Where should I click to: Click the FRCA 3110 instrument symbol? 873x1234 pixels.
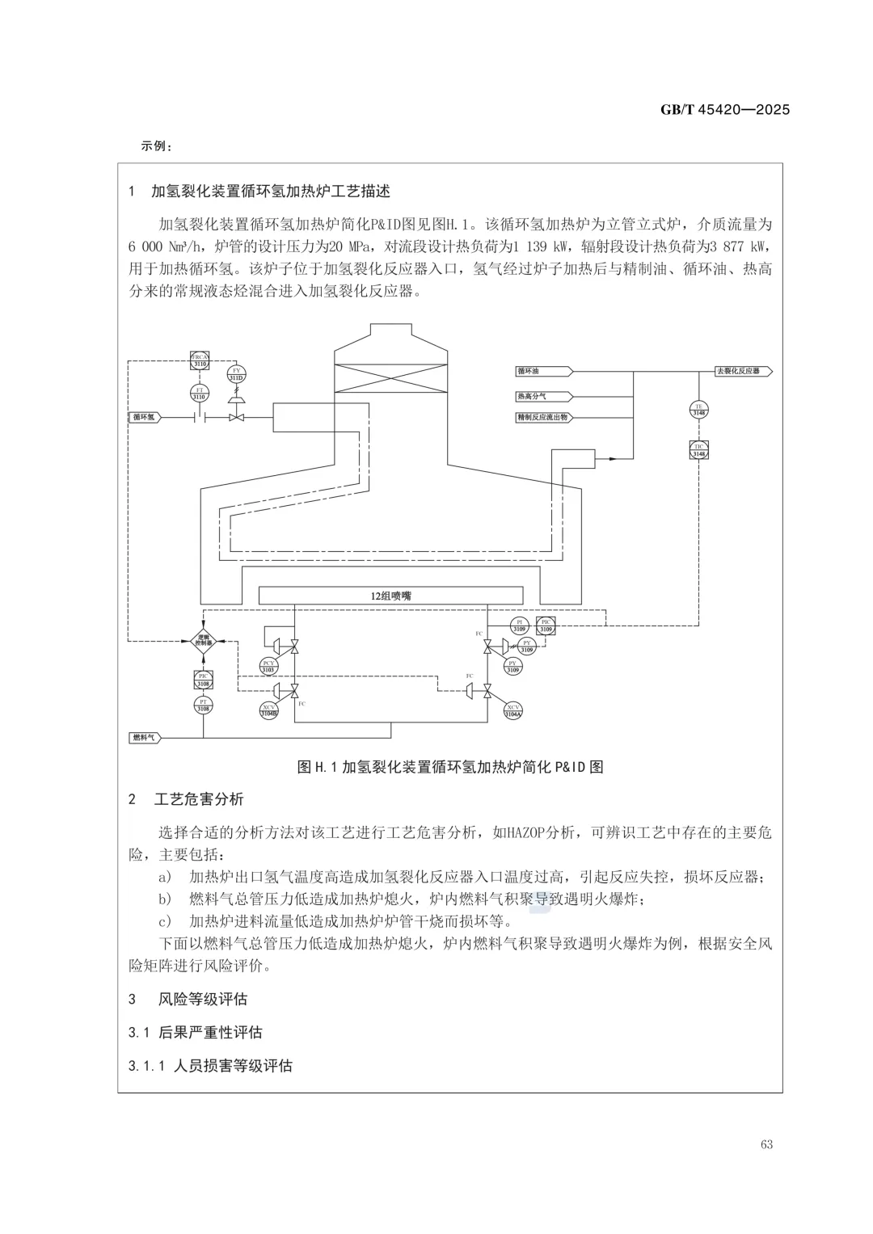point(200,361)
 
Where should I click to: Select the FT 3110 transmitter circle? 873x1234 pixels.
point(200,394)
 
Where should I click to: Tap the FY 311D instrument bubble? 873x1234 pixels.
point(236,375)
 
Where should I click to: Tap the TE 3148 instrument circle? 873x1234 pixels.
point(699,410)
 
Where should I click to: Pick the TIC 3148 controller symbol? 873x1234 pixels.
point(699,451)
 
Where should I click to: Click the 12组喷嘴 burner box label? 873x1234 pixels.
point(391,596)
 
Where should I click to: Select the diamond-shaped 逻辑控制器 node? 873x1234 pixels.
point(205,641)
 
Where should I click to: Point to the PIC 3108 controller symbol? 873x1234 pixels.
point(204,680)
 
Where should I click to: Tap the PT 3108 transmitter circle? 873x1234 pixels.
point(204,705)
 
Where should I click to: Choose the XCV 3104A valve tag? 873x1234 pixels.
point(513,710)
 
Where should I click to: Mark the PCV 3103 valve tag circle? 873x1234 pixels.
point(268,666)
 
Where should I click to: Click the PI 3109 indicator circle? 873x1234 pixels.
point(520,625)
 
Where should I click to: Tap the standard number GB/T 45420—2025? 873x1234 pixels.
point(725,110)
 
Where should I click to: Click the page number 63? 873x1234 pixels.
point(766,1144)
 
